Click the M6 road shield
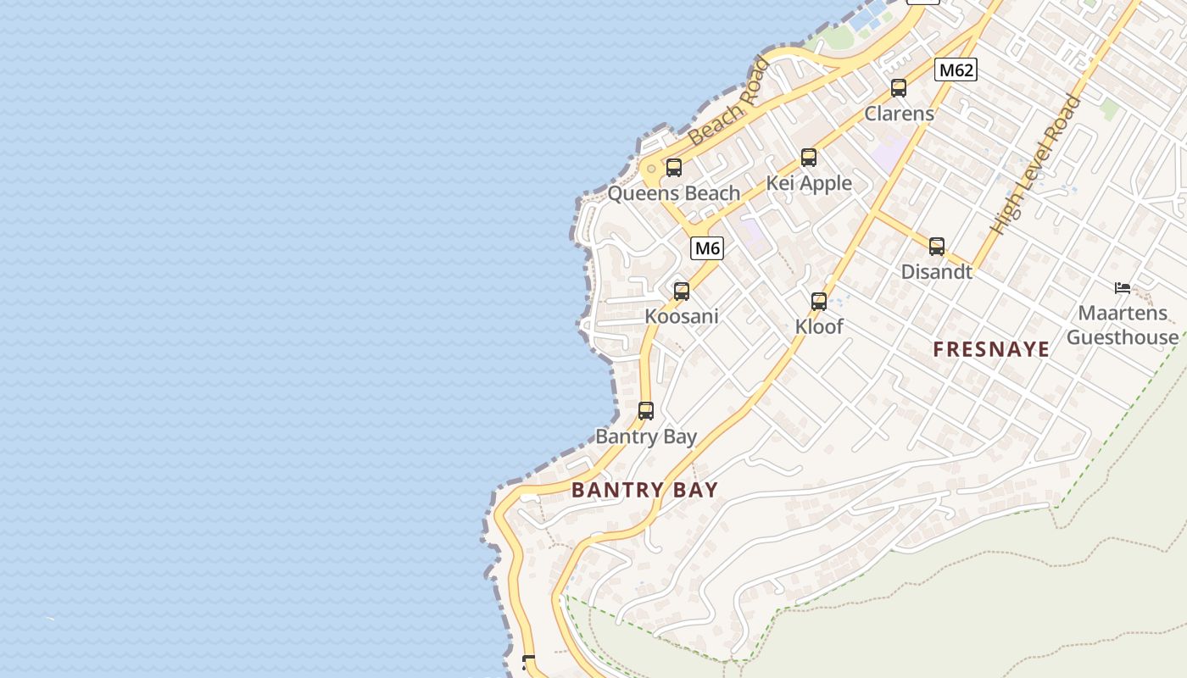coord(707,248)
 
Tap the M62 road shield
coord(956,69)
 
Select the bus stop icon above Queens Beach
coord(674,168)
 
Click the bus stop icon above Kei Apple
coord(809,158)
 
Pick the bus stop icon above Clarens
coord(899,88)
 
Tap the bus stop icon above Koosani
coord(682,292)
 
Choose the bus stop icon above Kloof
coord(819,302)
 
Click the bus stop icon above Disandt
coord(937,247)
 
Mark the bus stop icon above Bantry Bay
coord(646,411)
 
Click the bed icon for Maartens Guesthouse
coord(1123,288)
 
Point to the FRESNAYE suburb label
coord(991,349)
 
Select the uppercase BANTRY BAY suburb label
coord(644,490)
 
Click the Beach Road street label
coord(730,103)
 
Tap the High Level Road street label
coord(1036,165)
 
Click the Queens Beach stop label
coord(674,193)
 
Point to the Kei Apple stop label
coord(809,183)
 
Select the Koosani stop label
coord(682,317)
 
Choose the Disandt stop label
coord(936,272)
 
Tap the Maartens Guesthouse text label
coord(1123,325)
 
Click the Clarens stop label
coord(899,114)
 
